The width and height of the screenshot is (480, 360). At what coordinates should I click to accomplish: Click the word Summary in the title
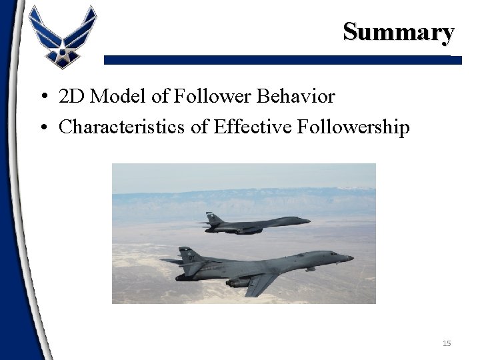coord(399,31)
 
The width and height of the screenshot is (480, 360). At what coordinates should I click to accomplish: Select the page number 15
coord(446,343)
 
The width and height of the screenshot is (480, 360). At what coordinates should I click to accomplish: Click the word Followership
coord(357,127)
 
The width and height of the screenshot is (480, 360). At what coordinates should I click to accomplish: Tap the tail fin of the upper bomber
coord(213,218)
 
